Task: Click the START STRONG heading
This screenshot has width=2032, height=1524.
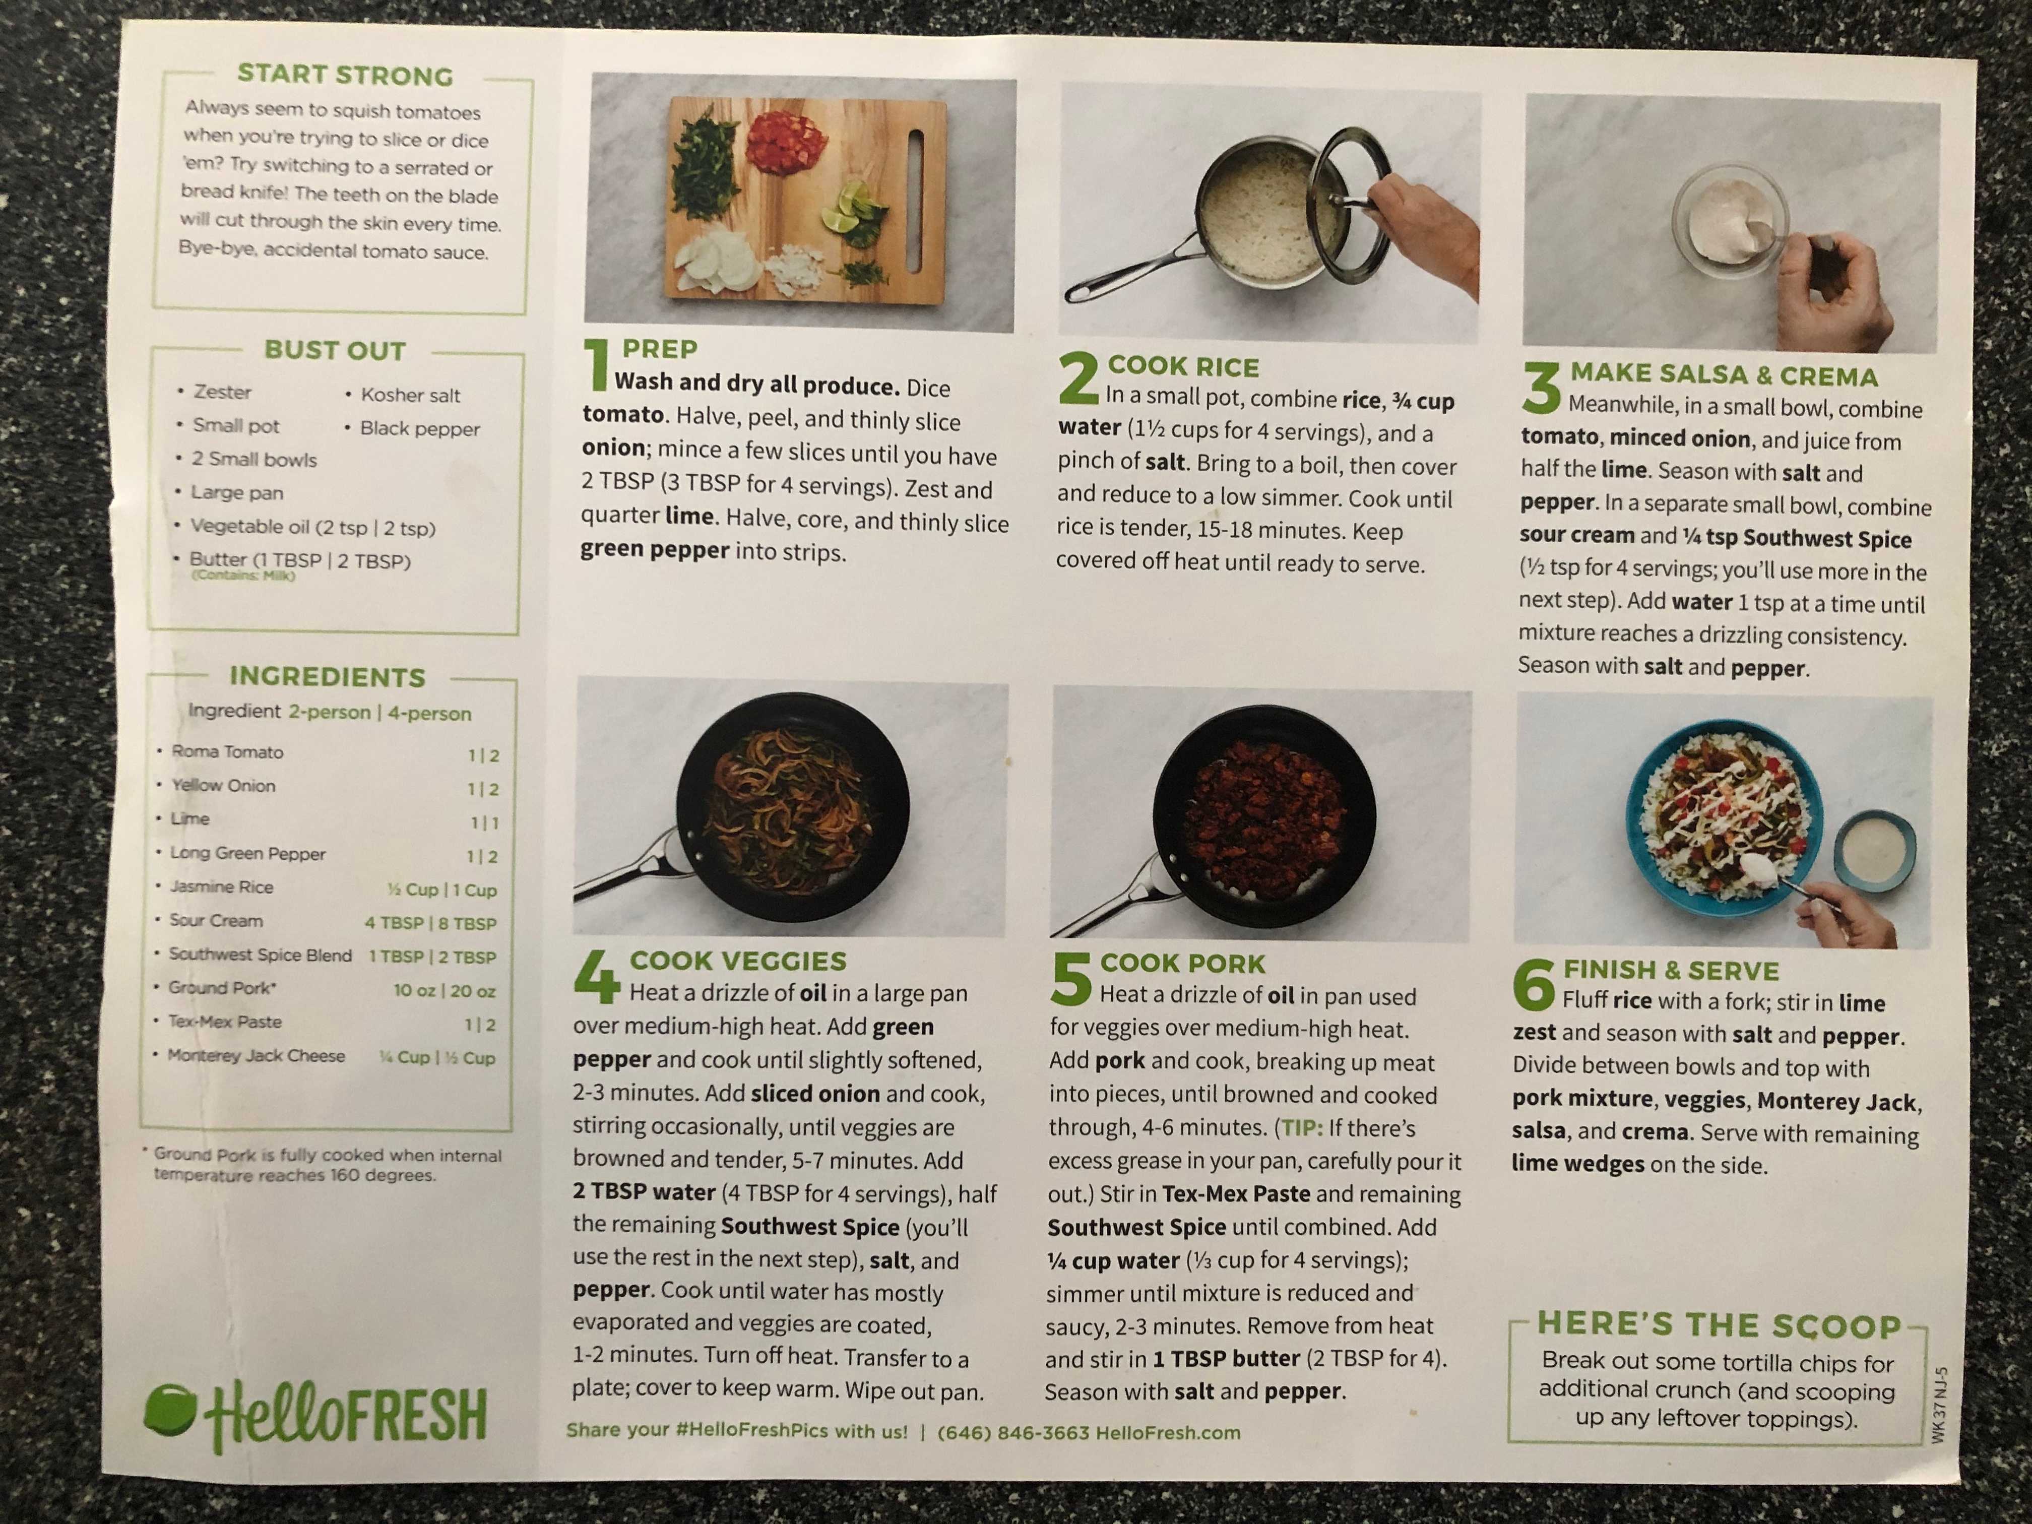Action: (345, 75)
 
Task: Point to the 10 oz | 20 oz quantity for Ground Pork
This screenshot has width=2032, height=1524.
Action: (444, 990)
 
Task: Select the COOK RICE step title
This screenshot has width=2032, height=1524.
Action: (1183, 366)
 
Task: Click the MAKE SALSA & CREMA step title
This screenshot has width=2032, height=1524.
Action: (1724, 375)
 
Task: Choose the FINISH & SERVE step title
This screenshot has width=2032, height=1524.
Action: (1671, 970)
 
